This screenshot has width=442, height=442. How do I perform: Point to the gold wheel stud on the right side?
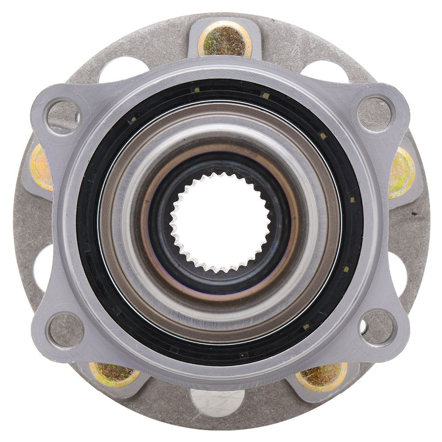tap(401, 172)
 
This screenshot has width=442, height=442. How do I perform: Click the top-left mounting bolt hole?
tap(64, 116)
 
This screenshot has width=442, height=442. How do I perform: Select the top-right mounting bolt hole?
tap(375, 114)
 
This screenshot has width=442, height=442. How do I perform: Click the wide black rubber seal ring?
tap(88, 221)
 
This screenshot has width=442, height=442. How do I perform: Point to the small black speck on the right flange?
tap(414, 214)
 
